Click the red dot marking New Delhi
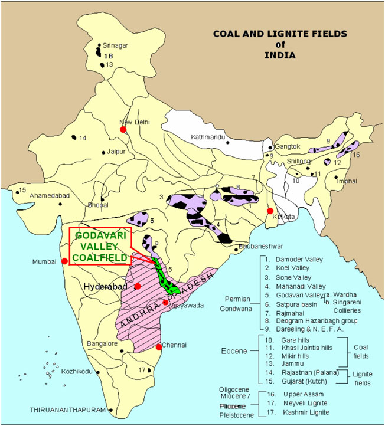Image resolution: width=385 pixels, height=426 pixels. [123, 129]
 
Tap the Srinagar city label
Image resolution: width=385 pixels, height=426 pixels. [115, 45]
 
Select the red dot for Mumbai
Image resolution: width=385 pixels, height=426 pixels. [64, 261]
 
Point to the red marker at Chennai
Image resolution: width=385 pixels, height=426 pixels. [159, 347]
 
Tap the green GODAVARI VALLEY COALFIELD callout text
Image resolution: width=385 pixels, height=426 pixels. [100, 246]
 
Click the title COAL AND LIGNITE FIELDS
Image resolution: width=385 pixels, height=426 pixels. [271, 35]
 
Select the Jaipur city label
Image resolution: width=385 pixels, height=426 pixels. [118, 152]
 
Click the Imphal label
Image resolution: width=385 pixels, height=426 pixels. [347, 181]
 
